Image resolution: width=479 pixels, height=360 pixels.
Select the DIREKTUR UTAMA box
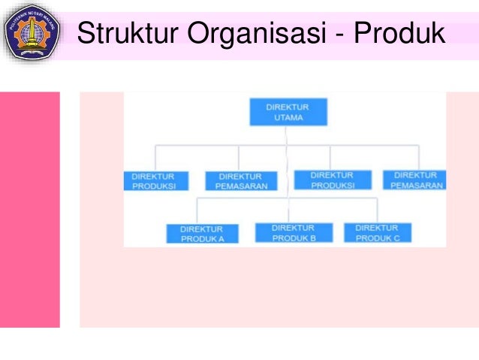[x=287, y=113]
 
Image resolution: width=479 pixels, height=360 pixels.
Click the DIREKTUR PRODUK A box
[x=203, y=234]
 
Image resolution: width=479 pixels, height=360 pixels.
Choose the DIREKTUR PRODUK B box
[x=293, y=232]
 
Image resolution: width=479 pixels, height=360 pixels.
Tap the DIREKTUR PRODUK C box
[x=378, y=232]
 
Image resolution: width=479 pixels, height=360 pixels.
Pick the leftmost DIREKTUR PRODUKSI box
[x=153, y=181]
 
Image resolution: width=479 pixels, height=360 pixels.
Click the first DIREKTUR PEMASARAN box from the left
[x=239, y=181]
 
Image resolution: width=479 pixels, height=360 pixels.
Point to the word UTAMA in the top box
[x=287, y=119]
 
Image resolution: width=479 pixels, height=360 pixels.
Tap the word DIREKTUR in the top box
[x=287, y=107]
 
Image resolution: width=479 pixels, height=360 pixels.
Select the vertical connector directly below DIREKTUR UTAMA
[x=287, y=135]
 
